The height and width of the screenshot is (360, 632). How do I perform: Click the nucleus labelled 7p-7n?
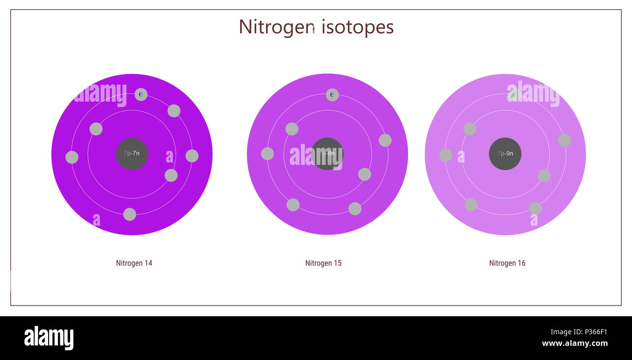pyautogui.click(x=132, y=154)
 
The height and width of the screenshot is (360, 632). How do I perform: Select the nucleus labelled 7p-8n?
pyautogui.click(x=327, y=154)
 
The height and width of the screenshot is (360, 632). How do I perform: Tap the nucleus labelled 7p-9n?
pyautogui.click(x=505, y=154)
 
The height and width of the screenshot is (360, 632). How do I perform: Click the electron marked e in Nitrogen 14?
pyautogui.click(x=141, y=94)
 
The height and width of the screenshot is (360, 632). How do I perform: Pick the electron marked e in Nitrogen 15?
pyautogui.click(x=332, y=95)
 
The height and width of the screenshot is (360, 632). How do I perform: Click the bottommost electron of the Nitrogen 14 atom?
pyautogui.click(x=130, y=214)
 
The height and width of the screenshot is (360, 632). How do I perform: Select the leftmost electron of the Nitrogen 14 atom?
pyautogui.click(x=72, y=157)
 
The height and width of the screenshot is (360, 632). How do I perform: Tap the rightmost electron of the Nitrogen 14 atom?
pyautogui.click(x=192, y=156)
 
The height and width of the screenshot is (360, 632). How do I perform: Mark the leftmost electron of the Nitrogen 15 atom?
pyautogui.click(x=267, y=154)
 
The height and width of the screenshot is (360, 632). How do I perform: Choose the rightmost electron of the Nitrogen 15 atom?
pyautogui.click(x=385, y=140)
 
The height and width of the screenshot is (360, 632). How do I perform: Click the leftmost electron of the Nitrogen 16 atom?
pyautogui.click(x=446, y=155)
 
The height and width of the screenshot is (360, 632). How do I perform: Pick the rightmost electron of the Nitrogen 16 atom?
pyautogui.click(x=564, y=140)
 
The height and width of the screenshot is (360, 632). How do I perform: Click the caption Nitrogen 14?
pyautogui.click(x=134, y=263)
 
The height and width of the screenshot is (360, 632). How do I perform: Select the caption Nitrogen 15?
pyautogui.click(x=323, y=263)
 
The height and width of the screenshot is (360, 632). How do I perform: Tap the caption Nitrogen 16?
pyautogui.click(x=507, y=263)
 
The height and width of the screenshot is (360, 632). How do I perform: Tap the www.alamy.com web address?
pyautogui.click(x=575, y=343)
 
